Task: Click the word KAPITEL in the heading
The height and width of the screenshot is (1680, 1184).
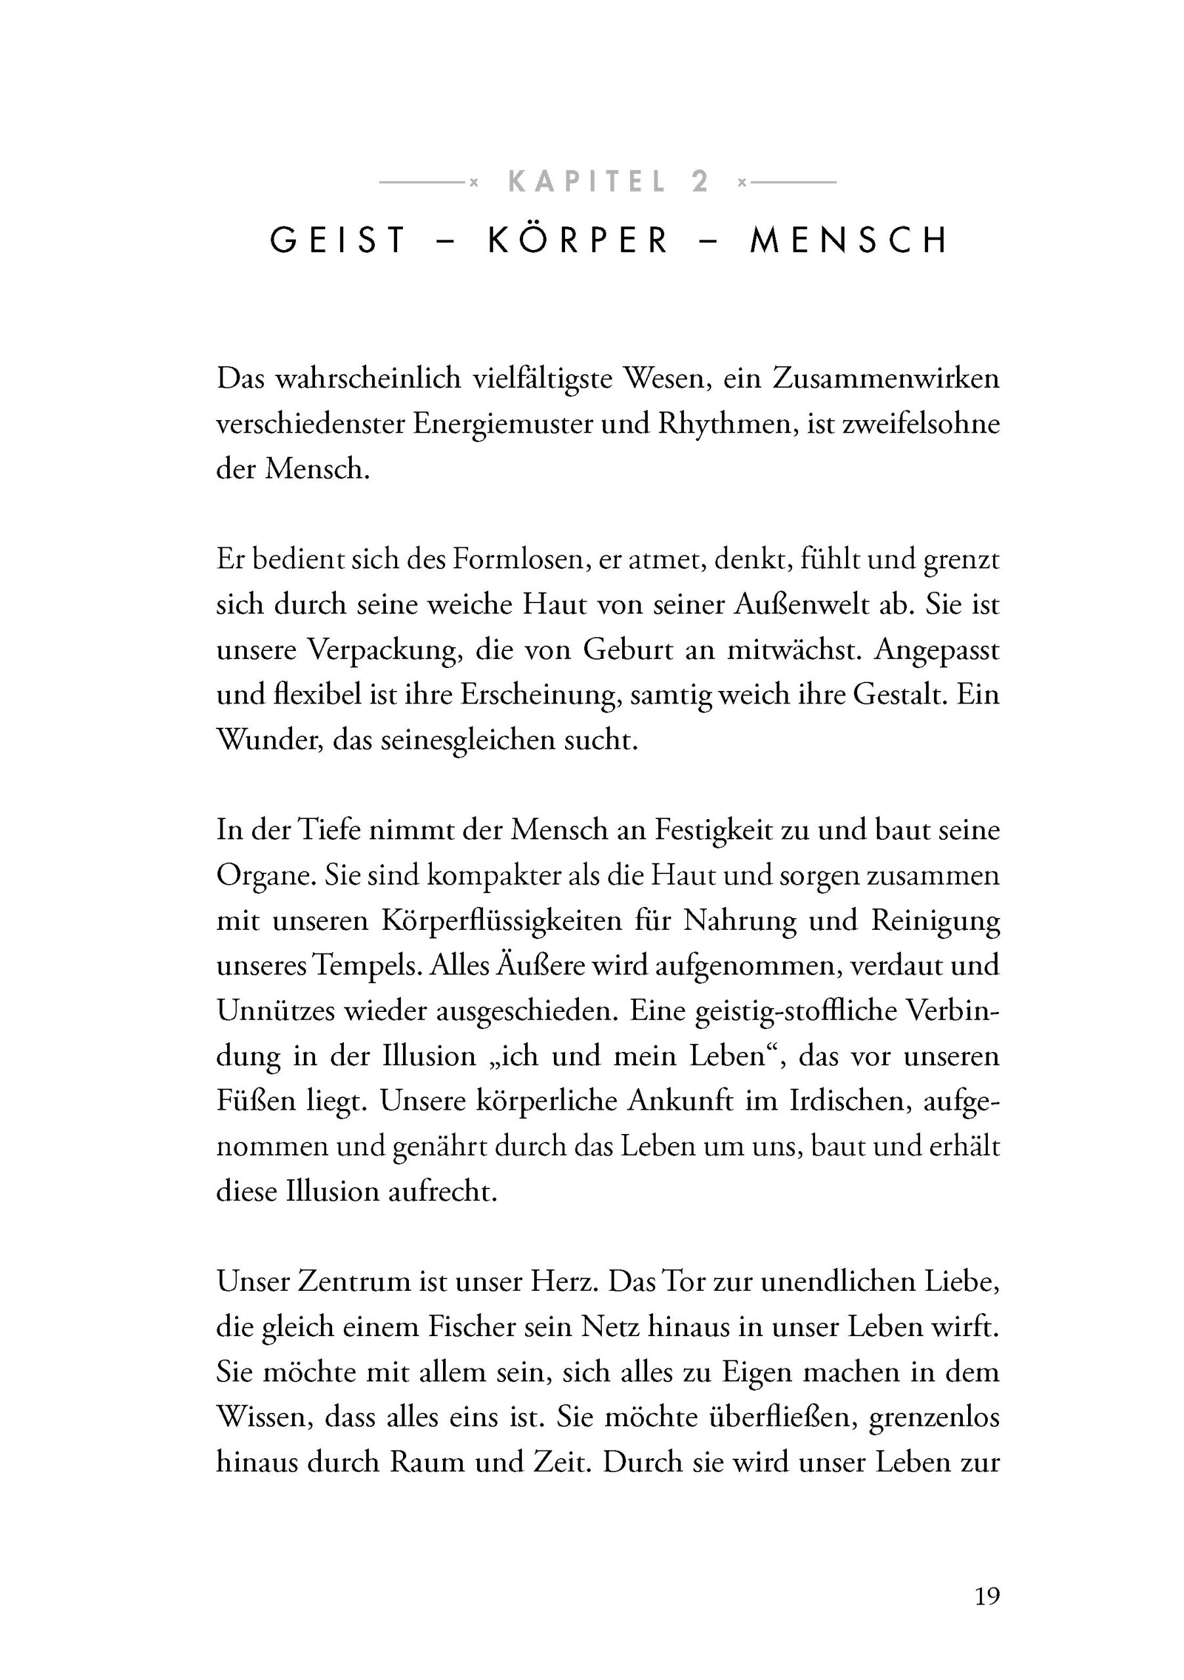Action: click(x=586, y=182)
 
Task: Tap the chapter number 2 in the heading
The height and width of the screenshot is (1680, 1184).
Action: click(x=700, y=182)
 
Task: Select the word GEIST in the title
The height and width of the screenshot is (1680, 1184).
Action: click(x=338, y=241)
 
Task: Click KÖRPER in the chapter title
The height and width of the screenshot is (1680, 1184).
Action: click(x=578, y=241)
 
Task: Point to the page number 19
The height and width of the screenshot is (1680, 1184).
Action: click(x=987, y=1595)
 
